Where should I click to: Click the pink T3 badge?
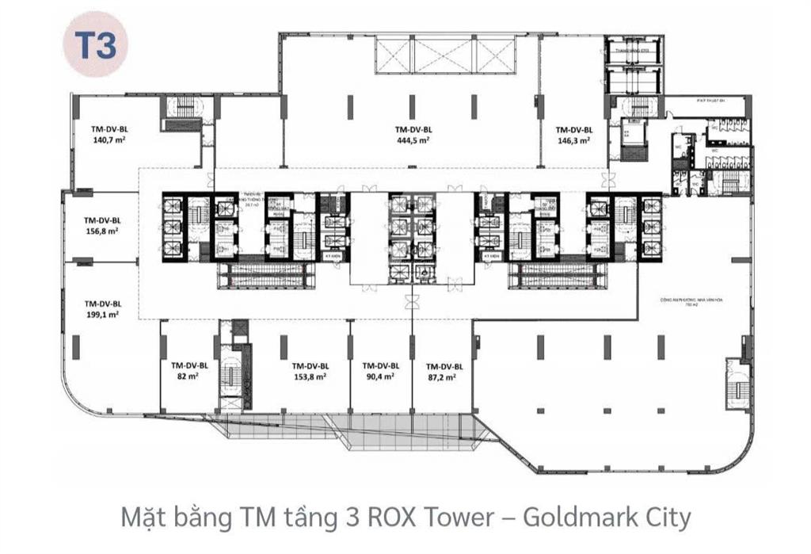coord(96,46)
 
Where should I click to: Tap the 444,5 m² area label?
coord(413,139)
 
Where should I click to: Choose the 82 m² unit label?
coord(188,376)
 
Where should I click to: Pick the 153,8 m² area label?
coord(310,376)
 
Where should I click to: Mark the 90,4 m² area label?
coord(380,376)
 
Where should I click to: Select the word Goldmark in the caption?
coord(580,518)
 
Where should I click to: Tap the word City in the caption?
coord(666,518)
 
